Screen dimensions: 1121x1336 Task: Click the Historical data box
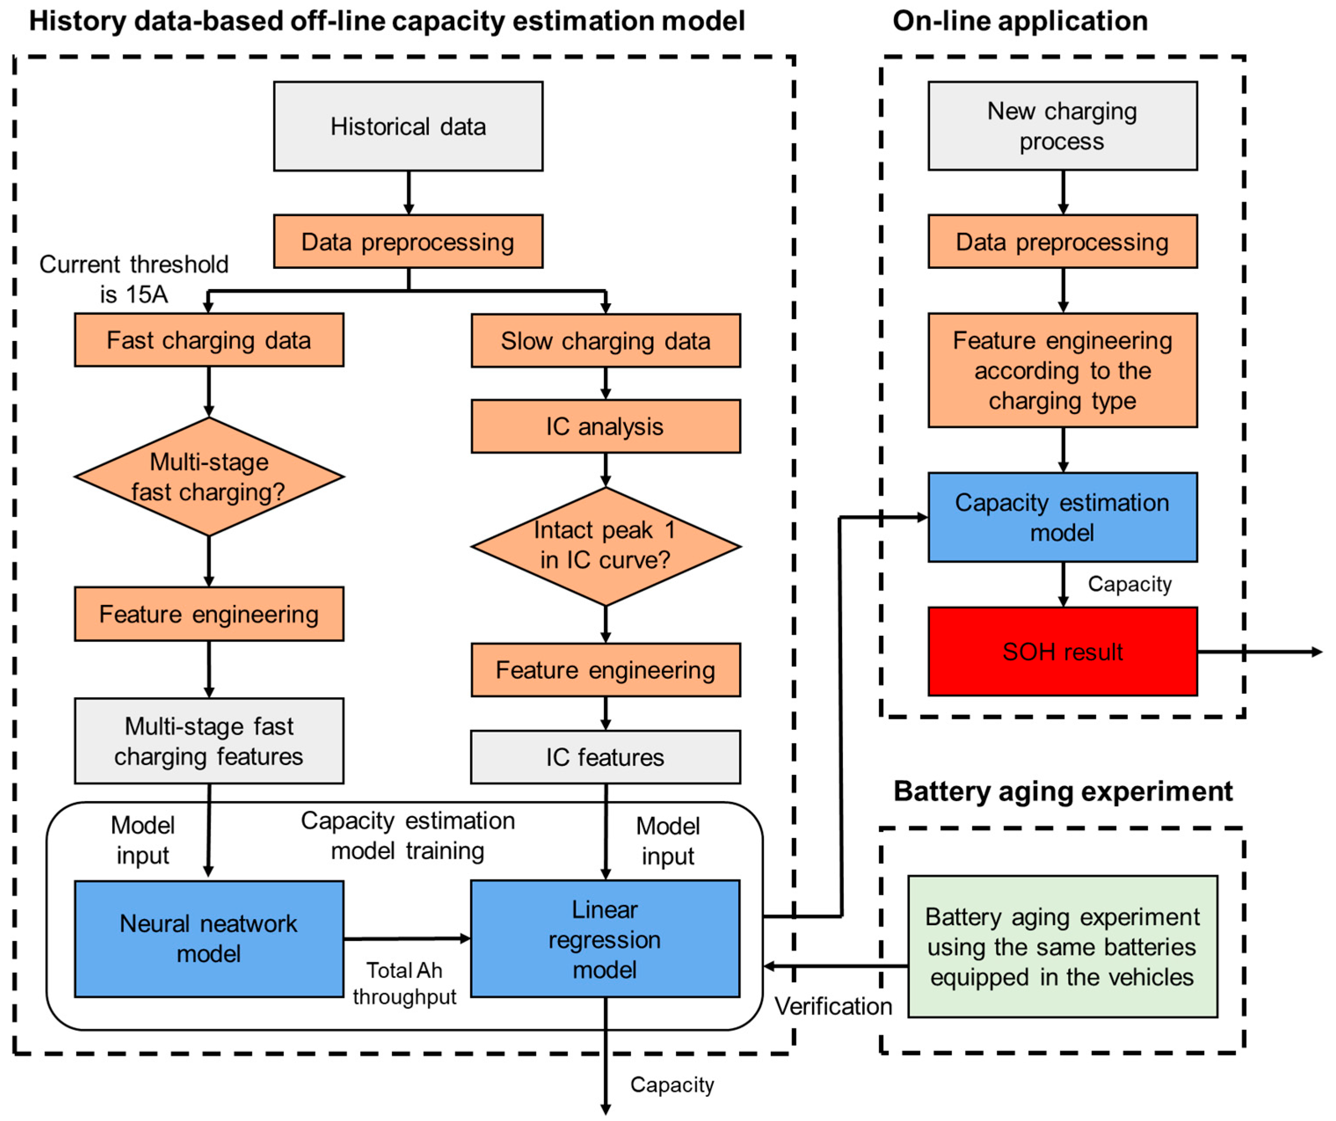(x=408, y=126)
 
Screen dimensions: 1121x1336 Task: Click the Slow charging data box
(x=605, y=341)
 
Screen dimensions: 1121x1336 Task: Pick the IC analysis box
(x=605, y=426)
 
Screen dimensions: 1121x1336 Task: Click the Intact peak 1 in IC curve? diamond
(x=605, y=546)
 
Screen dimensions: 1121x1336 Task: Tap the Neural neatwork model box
(x=209, y=938)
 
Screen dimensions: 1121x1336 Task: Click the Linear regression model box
(x=605, y=938)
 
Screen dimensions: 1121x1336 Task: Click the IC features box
(x=605, y=757)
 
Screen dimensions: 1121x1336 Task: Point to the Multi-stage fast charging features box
(x=209, y=741)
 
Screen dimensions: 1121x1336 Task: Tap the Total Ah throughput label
(x=405, y=983)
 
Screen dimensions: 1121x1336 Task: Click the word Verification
(x=833, y=1006)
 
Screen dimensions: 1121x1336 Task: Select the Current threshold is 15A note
(x=134, y=279)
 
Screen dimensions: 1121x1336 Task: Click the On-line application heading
(x=1020, y=21)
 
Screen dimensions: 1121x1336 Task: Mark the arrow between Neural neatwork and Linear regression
(x=407, y=938)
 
